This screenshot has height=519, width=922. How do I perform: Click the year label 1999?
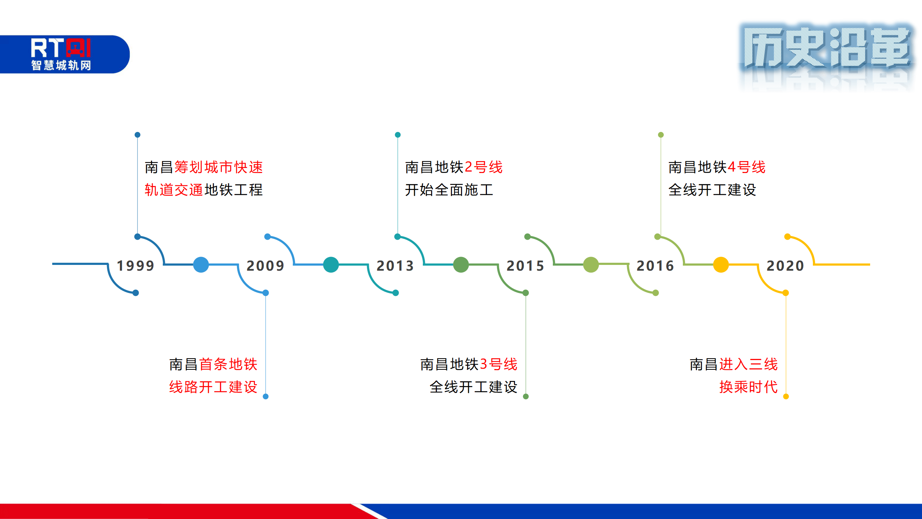pos(136,266)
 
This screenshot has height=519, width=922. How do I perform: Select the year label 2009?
pos(265,266)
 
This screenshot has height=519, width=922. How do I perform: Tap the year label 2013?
pos(395,266)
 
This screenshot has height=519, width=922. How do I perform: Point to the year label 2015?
pos(525,266)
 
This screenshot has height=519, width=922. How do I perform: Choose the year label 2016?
pos(655,266)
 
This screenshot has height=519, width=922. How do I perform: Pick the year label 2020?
pos(786,266)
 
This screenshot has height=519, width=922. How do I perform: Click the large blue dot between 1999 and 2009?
pos(201,265)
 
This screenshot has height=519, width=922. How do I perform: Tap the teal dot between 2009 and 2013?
pos(331,265)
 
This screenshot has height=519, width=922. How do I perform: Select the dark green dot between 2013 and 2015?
pos(461,265)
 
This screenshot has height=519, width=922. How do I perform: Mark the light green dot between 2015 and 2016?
pos(591,265)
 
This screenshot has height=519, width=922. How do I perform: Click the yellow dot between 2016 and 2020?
pos(721,265)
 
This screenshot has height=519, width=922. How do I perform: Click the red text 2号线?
pos(484,167)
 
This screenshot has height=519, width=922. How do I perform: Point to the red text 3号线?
pos(499,364)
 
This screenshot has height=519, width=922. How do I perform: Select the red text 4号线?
pos(747,167)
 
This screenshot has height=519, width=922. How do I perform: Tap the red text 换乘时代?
pos(748,387)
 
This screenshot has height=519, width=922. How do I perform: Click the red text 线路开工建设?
pos(213,387)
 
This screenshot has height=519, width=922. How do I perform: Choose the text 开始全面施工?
pos(449,190)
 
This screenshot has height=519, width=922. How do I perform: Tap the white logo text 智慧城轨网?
pos(61,65)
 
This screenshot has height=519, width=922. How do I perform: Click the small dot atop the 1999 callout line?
pos(137,135)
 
